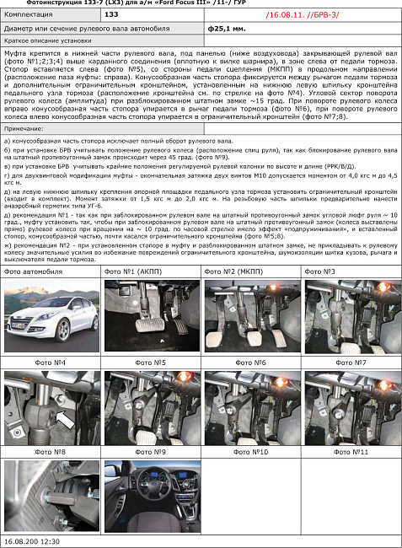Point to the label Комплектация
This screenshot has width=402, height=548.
(28, 15)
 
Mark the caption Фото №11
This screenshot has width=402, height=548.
(350, 452)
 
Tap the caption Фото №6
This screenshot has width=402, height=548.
(249, 363)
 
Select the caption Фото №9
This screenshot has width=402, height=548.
(151, 452)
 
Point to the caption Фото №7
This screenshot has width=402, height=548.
(350, 363)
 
